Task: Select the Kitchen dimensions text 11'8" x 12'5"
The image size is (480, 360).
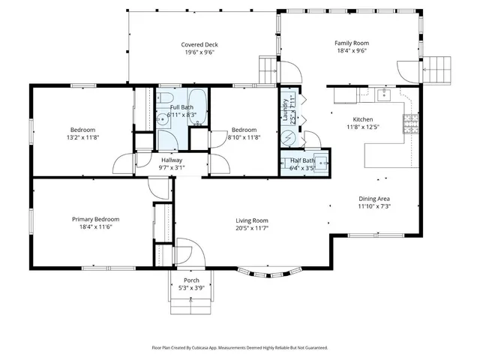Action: click(x=363, y=127)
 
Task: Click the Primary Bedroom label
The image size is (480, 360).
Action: click(x=95, y=219)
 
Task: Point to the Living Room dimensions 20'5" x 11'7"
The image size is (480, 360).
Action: click(x=252, y=228)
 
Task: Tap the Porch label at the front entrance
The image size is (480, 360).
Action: click(x=190, y=280)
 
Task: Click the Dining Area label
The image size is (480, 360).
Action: click(x=373, y=198)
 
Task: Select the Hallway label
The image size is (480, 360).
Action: click(x=172, y=160)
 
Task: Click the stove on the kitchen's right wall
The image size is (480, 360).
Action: click(x=411, y=123)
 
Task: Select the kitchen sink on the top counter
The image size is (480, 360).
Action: click(x=383, y=94)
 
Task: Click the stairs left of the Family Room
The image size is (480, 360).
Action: click(x=268, y=70)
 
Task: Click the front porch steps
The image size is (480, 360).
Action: click(x=190, y=304)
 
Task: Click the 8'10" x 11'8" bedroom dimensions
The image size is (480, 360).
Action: click(x=243, y=137)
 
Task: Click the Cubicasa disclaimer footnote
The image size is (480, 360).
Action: click(x=240, y=348)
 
